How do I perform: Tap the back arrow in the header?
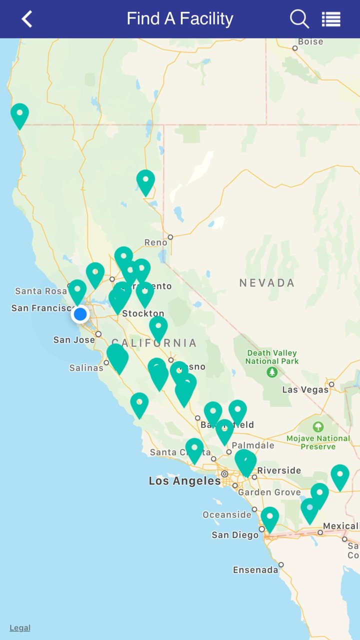point(27,19)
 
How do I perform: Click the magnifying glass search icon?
point(299,19)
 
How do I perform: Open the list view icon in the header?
point(331,19)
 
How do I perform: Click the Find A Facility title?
point(180,19)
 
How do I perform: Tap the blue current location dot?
point(80,314)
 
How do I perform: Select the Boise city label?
point(310,41)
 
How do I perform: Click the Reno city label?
point(155,242)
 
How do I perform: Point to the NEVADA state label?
point(267,283)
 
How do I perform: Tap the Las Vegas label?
point(305,389)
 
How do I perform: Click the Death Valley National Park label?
point(272,357)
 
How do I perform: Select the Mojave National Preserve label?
point(318,442)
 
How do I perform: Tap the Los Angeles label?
point(184,481)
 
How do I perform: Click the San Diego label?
point(235,535)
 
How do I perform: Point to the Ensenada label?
point(255,570)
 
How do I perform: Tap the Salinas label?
point(86,368)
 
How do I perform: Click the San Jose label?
point(74,340)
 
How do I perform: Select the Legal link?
point(20,628)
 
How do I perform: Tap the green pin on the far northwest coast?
point(19,114)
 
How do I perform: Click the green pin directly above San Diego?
point(270,518)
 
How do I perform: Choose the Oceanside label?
point(227,514)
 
